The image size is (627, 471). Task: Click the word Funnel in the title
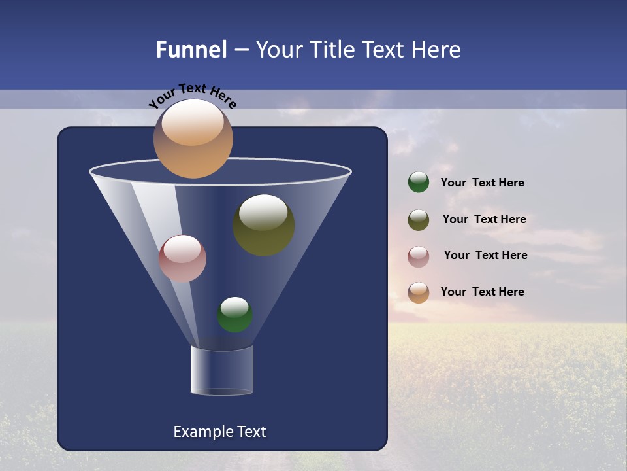pyautogui.click(x=191, y=50)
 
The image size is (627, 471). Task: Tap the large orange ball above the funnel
pyautogui.click(x=193, y=139)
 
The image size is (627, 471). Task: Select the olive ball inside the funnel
pyautogui.click(x=263, y=226)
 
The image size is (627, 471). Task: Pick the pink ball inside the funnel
pyautogui.click(x=182, y=258)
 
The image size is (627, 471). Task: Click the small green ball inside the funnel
pyautogui.click(x=234, y=315)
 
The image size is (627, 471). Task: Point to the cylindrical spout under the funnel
pyautogui.click(x=221, y=370)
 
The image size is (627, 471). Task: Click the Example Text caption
pyautogui.click(x=219, y=432)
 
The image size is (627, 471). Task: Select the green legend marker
pyautogui.click(x=418, y=183)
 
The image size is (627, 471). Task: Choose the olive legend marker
pyautogui.click(x=418, y=220)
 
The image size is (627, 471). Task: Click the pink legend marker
pyautogui.click(x=418, y=256)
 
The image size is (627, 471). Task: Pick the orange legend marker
pyautogui.click(x=418, y=292)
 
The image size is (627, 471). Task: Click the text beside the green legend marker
pyautogui.click(x=482, y=183)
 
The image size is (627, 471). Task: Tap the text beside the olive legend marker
pyautogui.click(x=484, y=220)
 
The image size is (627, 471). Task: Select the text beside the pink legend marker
pyautogui.click(x=485, y=256)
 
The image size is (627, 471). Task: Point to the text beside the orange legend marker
pyautogui.click(x=482, y=292)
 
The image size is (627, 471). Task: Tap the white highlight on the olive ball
pyautogui.click(x=263, y=212)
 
